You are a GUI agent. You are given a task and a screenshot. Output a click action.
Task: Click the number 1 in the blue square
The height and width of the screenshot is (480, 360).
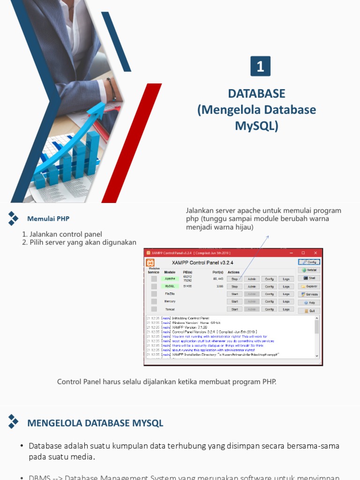(260, 66)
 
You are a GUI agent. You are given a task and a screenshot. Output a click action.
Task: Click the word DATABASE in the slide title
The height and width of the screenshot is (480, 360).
(256, 93)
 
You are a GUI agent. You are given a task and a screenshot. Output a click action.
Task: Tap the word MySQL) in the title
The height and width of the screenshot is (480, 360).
(256, 126)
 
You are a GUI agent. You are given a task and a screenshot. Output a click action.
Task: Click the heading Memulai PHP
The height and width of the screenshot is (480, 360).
(48, 219)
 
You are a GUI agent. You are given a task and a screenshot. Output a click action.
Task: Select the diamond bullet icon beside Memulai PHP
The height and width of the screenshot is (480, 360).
(13, 218)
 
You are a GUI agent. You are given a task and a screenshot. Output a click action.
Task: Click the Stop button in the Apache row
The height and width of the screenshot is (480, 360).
(234, 279)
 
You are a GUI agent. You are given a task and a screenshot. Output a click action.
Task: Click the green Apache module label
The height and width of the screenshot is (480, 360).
(170, 279)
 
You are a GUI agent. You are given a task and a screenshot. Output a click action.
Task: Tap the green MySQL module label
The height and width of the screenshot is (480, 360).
(170, 286)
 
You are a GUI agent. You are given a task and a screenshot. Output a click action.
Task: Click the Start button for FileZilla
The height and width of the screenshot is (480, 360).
(234, 294)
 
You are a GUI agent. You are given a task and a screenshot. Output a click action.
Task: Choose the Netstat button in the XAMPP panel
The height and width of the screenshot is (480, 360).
(309, 270)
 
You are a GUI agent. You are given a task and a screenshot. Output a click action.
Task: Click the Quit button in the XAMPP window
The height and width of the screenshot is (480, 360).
(309, 311)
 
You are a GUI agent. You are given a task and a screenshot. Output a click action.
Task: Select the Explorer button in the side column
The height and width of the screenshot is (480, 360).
(309, 286)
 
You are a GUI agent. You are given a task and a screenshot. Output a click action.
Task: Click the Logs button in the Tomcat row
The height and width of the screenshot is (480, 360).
(286, 309)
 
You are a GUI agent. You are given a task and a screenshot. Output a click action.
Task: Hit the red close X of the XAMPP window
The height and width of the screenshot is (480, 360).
(316, 253)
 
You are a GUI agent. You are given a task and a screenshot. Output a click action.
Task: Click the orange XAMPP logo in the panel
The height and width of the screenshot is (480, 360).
(150, 262)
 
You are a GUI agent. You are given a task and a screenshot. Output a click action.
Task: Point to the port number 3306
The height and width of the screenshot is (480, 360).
(219, 286)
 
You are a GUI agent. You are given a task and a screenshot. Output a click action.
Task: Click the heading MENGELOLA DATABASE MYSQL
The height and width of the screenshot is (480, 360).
(95, 423)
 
